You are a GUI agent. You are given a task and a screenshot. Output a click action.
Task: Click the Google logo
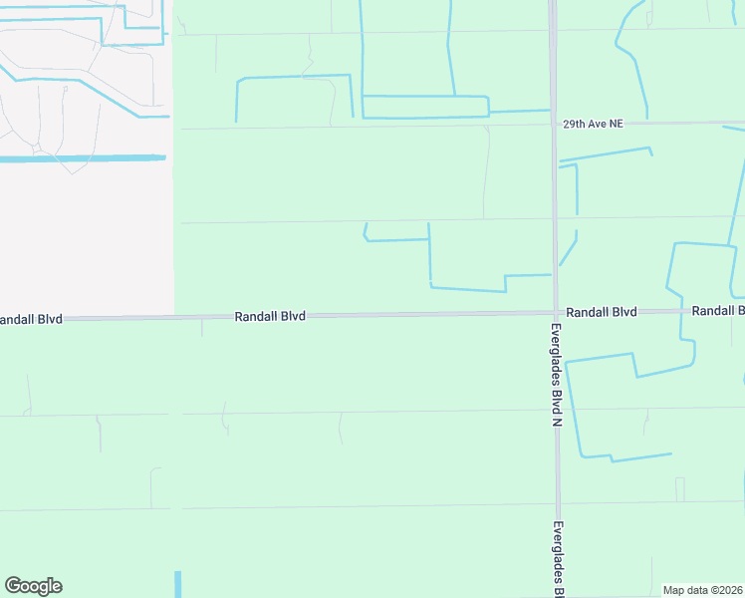33,586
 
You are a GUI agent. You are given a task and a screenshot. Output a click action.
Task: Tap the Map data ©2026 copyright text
703,590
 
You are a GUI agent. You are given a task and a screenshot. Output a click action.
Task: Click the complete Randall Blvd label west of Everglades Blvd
270,316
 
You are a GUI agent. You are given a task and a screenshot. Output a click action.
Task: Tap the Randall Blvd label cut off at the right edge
717,311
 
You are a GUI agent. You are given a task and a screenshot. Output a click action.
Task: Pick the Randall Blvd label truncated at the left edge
31,319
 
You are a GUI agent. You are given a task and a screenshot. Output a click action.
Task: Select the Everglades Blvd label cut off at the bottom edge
559,558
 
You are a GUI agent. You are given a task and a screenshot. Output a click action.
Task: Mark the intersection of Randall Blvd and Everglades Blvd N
555,312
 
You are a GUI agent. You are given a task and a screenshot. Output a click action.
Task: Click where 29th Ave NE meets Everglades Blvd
552,124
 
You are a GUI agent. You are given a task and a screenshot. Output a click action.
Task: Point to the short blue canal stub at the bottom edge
178,584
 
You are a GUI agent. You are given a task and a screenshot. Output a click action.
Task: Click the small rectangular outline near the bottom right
680,489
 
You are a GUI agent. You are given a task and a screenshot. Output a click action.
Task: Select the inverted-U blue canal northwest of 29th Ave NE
294,77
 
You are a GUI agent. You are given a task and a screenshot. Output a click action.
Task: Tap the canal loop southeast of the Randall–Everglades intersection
618,399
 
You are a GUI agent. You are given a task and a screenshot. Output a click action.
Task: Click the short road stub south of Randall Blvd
202,327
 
